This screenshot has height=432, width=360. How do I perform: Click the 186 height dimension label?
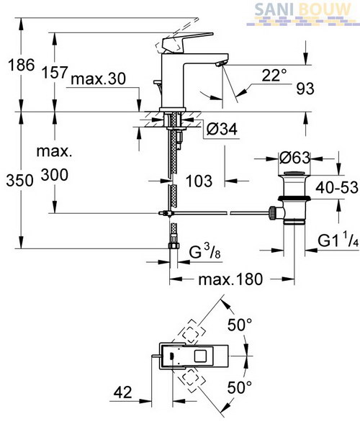(21, 65)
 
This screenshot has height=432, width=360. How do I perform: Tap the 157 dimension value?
(55, 73)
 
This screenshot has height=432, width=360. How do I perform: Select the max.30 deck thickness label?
(99, 79)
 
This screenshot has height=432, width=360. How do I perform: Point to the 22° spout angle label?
(274, 75)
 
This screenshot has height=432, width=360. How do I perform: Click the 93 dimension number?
(305, 89)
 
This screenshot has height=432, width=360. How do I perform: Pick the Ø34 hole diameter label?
(222, 129)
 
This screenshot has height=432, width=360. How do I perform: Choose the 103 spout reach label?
(199, 181)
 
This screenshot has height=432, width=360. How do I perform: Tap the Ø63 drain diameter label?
(294, 158)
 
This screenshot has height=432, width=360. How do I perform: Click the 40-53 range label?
(337, 188)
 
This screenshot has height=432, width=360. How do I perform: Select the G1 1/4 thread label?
(338, 240)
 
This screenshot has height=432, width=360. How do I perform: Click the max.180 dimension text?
(230, 279)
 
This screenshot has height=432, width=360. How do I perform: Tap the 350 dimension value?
(20, 181)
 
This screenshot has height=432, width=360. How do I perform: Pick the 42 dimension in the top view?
(123, 392)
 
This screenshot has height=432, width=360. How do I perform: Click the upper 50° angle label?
(240, 325)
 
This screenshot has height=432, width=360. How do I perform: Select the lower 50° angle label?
(240, 387)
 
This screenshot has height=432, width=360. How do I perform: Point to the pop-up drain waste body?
(294, 199)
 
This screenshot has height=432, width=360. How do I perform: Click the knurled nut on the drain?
(273, 213)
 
